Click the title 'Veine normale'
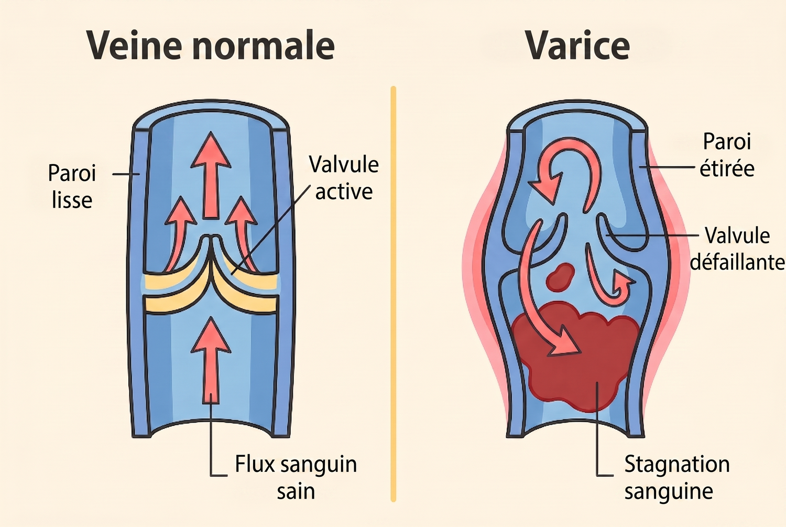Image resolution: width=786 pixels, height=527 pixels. tap(211, 46)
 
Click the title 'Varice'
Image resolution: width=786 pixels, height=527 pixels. tap(577, 46)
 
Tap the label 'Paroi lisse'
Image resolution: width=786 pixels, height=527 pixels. tap(72, 187)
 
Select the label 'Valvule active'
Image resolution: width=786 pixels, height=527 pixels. tap(344, 178)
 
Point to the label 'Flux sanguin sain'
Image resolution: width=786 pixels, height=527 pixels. tap(296, 477)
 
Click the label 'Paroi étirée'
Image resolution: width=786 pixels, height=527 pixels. tap(727, 155)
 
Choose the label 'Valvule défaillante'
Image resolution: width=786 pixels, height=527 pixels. tap(737, 249)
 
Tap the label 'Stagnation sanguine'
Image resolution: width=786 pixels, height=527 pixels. tap(677, 477)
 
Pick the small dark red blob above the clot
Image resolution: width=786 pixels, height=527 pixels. tap(560, 277)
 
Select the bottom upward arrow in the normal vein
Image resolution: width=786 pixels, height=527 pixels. tap(211, 360)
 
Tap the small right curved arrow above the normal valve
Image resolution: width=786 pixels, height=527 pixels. tap(243, 233)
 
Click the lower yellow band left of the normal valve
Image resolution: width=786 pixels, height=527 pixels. tap(176, 303)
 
